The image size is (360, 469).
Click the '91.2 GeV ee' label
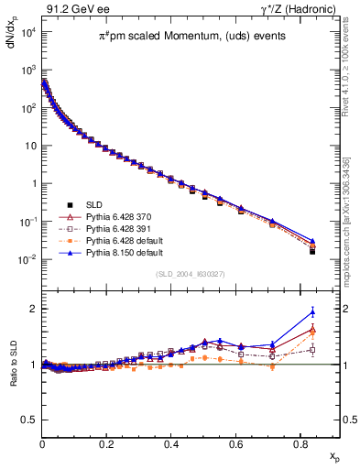70,9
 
